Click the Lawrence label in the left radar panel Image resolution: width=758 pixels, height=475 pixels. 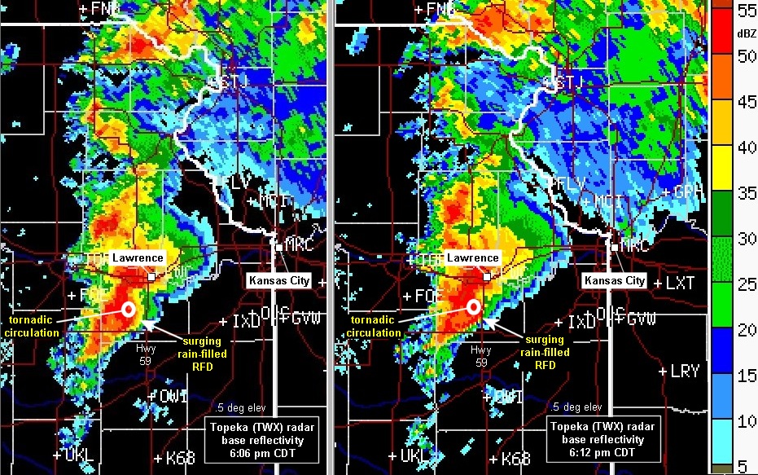[x=138, y=258]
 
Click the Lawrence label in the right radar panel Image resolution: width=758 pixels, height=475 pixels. [x=472, y=258]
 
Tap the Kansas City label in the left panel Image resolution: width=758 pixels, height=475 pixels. [x=278, y=280]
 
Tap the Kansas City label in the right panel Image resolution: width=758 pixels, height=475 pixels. [x=614, y=280]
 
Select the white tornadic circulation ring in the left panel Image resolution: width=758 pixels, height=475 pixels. [x=128, y=308]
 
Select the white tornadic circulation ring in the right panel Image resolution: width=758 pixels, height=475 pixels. [x=473, y=307]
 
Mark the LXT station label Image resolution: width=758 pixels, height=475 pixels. [x=680, y=283]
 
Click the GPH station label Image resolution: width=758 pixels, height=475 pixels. [x=688, y=193]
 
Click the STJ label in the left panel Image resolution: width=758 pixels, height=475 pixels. [x=227, y=83]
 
